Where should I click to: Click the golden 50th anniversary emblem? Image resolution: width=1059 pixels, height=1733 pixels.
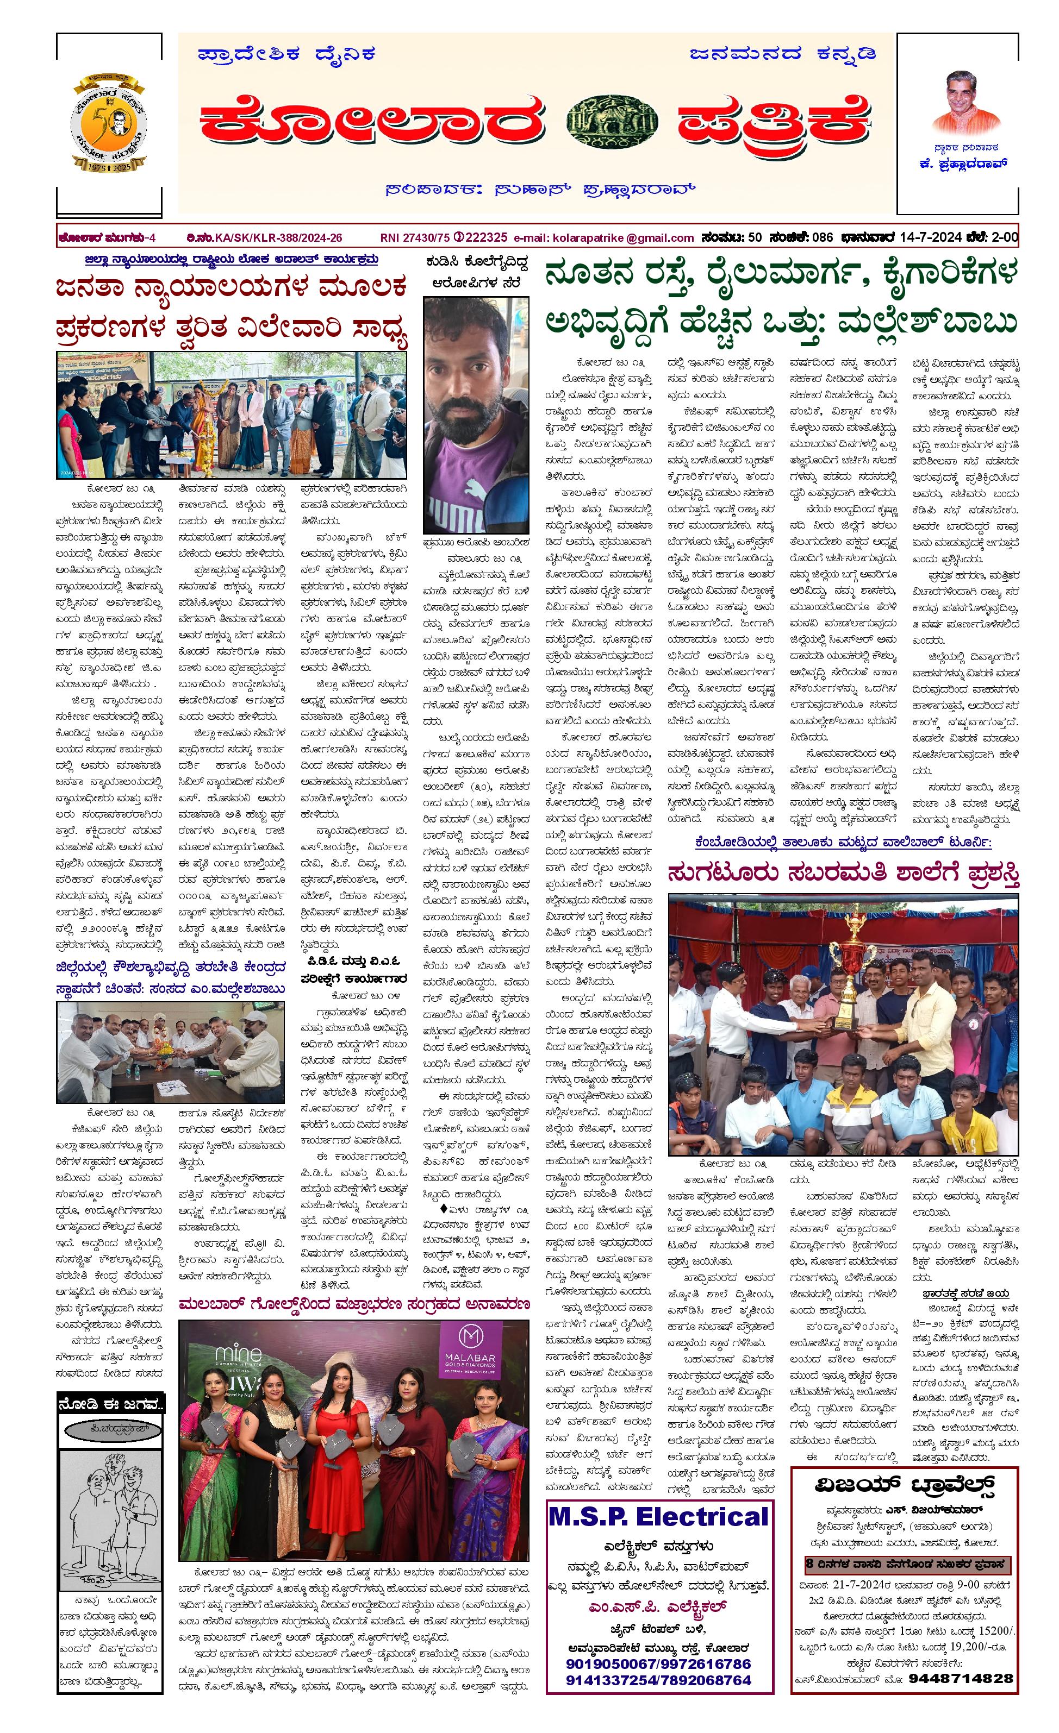109,123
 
